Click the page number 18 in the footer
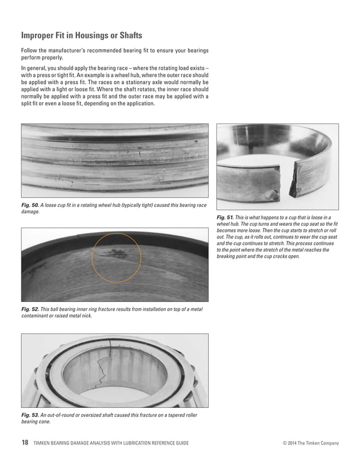pos(24,443)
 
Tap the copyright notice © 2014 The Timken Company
pos(310,443)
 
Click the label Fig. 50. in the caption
pos(30,205)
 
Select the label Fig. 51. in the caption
pos(226,217)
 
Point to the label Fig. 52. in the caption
pos(30,309)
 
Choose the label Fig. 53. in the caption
pos(30,415)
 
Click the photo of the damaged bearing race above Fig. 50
pos(115,160)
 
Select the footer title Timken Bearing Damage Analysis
pos(111,443)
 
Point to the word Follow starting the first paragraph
pos(29,51)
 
